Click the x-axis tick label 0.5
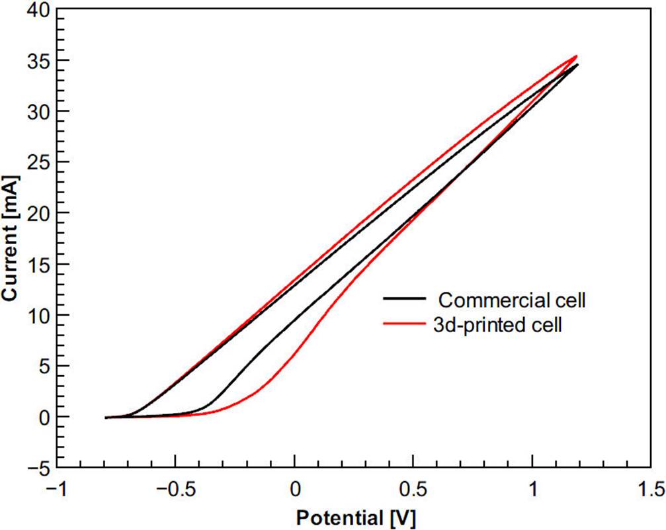coord(413,490)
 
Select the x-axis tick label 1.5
coord(651,490)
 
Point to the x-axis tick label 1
coord(532,490)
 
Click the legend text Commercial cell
coord(513,300)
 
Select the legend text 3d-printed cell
coord(501,325)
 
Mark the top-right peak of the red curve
coord(577,56)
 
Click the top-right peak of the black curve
coord(577,65)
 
